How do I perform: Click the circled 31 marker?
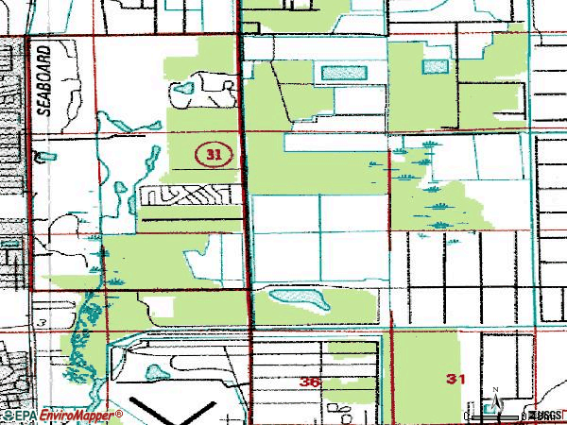point(214,152)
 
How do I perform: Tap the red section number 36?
point(309,382)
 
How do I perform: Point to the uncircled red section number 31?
point(455,379)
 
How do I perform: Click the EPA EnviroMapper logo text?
point(62,416)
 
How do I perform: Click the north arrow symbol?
point(494,400)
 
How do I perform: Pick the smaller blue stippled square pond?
point(435,66)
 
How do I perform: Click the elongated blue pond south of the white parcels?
point(299,300)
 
